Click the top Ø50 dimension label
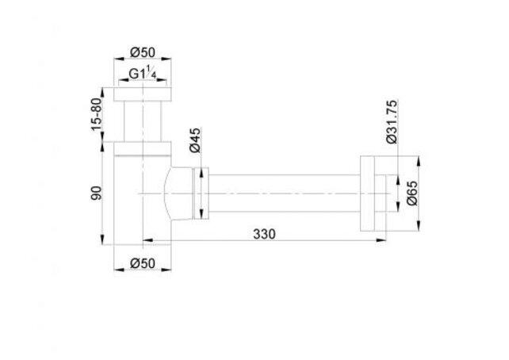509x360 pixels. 141,52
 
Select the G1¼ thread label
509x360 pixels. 141,76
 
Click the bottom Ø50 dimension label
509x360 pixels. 141,262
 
